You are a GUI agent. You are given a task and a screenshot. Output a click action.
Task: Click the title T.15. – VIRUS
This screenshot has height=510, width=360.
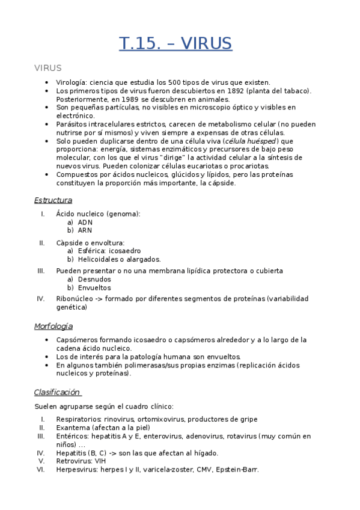[x=175, y=43]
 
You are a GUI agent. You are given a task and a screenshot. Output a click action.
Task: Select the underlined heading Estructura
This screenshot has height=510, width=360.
[x=53, y=200]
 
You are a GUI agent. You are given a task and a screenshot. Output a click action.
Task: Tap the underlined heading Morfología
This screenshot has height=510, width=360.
[x=53, y=327]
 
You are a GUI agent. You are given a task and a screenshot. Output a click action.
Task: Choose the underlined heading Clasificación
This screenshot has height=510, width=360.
[x=56, y=393]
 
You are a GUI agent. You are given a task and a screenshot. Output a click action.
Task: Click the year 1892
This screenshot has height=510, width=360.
[x=229, y=91]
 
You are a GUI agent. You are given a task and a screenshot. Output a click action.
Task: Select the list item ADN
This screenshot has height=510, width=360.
[x=85, y=222]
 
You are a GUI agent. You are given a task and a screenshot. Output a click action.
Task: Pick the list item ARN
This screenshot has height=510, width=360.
[x=85, y=230]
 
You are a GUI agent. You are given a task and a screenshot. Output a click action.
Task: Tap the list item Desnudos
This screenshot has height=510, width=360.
[x=94, y=279]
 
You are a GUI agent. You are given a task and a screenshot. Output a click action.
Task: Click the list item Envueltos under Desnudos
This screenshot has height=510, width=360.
[x=94, y=287]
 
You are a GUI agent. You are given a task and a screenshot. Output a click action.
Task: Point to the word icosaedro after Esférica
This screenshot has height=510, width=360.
[x=125, y=251]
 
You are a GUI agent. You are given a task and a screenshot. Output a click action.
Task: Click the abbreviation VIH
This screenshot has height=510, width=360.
[x=100, y=461]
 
